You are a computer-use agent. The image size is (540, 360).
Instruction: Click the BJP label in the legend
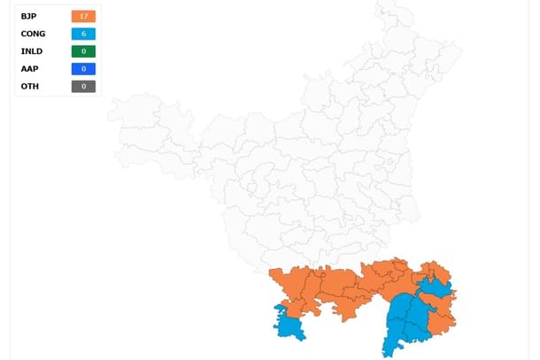(x=28, y=16)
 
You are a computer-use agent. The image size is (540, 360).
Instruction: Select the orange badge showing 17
(x=83, y=16)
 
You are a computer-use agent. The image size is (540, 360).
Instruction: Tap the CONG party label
(x=33, y=34)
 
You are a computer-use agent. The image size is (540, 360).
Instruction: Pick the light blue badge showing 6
(x=83, y=34)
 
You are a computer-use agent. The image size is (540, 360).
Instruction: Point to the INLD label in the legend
(x=31, y=51)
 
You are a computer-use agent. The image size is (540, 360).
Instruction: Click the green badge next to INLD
(x=83, y=51)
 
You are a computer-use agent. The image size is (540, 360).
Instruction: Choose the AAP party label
(x=28, y=69)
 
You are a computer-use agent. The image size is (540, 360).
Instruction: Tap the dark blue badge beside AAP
(x=83, y=69)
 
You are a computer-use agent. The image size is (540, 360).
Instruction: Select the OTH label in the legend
(x=28, y=87)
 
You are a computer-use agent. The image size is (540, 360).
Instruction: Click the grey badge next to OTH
(x=83, y=87)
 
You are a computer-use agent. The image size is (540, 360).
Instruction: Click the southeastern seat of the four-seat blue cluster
(x=416, y=332)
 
